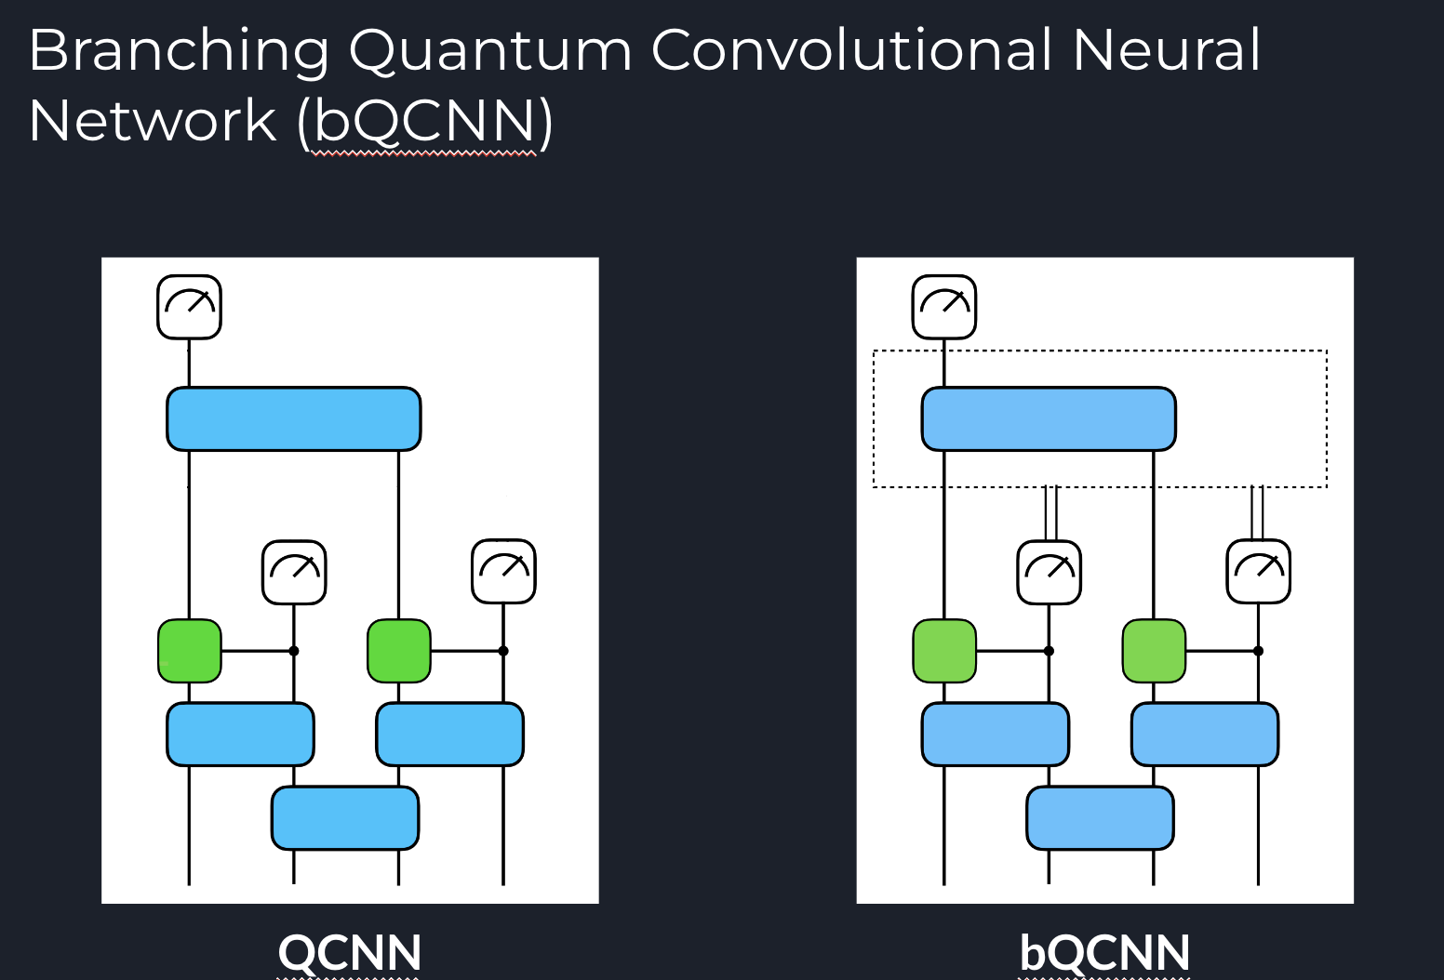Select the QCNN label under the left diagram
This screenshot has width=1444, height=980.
350,952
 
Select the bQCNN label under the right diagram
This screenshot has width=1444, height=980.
1104,952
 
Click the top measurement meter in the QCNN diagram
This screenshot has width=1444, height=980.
189,307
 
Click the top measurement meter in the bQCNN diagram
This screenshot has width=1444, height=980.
944,307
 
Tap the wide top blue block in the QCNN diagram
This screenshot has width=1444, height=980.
294,419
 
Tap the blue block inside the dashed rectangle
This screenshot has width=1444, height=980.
1049,419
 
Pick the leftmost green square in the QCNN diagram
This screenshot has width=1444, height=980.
190,651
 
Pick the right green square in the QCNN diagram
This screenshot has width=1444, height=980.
399,651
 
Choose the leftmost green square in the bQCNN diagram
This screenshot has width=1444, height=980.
944,651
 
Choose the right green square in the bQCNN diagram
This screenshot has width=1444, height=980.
1154,651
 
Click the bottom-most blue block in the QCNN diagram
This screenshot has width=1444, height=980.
345,818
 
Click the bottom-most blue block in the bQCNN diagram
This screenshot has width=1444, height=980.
1100,818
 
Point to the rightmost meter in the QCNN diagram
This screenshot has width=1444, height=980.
503,572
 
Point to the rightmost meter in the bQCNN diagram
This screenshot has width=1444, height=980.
1259,572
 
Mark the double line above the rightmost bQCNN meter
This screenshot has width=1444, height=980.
1257,513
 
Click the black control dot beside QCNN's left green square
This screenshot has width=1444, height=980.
294,651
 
